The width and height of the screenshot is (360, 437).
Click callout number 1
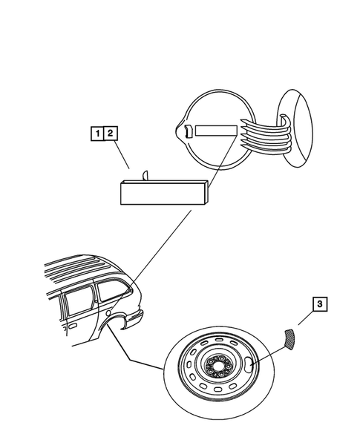click(x=96, y=134)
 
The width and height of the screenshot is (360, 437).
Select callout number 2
click(x=110, y=134)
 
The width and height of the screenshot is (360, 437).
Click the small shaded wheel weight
click(x=289, y=338)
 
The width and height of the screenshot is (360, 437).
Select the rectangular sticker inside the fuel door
click(x=215, y=131)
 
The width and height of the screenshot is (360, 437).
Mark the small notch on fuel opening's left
click(x=186, y=132)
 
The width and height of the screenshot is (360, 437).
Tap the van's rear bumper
click(x=134, y=318)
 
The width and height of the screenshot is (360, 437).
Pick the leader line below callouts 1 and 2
click(x=125, y=157)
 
